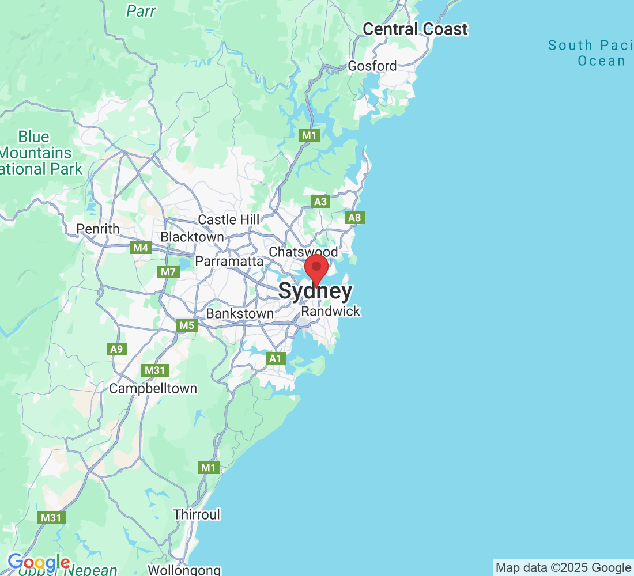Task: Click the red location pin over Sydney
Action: click(316, 268)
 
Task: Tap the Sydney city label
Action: click(315, 291)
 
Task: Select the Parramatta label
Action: click(229, 262)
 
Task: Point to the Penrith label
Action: click(98, 229)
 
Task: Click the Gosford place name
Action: click(372, 66)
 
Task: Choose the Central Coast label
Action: click(415, 29)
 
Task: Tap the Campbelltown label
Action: click(153, 389)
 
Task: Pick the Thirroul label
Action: click(197, 514)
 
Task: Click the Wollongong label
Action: click(184, 570)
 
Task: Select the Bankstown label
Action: click(240, 314)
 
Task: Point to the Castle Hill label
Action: click(229, 219)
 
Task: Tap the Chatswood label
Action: click(303, 252)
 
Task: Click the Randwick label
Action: click(331, 312)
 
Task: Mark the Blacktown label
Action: click(192, 237)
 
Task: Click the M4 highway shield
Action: click(141, 248)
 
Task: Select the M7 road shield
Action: click(168, 271)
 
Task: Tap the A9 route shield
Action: click(116, 348)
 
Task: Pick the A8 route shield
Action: click(355, 218)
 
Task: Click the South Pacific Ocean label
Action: click(588, 53)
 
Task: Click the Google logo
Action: click(39, 562)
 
